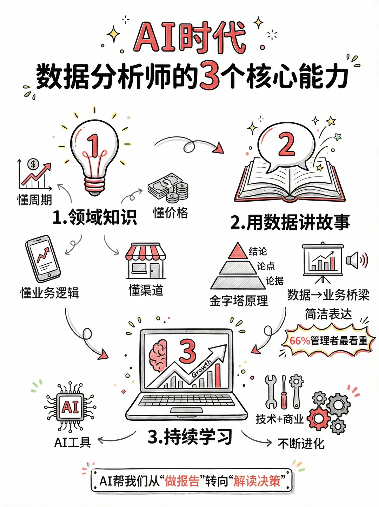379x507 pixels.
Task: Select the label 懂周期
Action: click(x=35, y=200)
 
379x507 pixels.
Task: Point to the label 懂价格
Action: click(x=171, y=212)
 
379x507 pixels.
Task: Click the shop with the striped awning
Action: click(x=146, y=261)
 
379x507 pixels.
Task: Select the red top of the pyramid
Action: click(x=238, y=251)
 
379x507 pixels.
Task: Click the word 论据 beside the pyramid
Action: click(x=274, y=280)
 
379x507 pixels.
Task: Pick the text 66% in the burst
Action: click(x=299, y=340)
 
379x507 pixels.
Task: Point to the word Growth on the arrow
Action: click(x=201, y=368)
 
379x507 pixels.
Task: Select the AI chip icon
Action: click(x=70, y=407)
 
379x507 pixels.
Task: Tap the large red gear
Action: click(x=319, y=418)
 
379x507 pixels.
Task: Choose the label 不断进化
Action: click(x=301, y=444)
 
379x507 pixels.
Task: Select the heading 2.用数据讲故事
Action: click(x=290, y=222)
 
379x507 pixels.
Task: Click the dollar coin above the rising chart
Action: click(x=33, y=164)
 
